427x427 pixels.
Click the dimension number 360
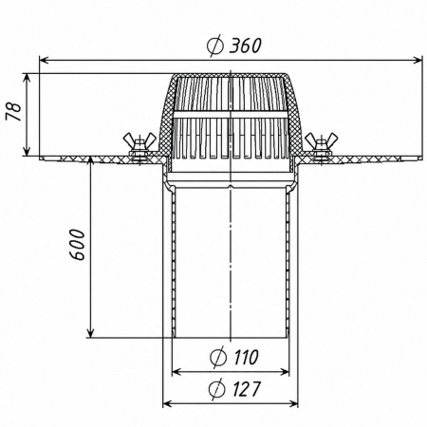coord(245,46)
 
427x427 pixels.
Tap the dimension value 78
coord(14,112)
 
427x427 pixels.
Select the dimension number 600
coord(77,245)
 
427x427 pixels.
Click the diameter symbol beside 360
coord(215,46)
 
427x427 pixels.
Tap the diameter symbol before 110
coord(218,357)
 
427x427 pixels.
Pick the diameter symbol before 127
coord(217,389)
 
